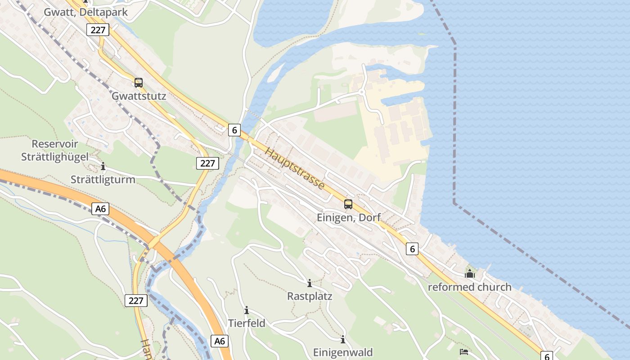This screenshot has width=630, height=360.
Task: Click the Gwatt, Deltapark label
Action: click(85, 12)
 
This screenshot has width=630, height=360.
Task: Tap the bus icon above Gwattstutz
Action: click(139, 83)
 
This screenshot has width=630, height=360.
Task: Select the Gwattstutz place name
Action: click(139, 96)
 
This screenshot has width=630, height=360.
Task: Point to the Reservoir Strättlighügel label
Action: click(55, 150)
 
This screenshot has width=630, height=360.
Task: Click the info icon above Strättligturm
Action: click(103, 166)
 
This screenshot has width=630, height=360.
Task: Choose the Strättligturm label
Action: click(103, 180)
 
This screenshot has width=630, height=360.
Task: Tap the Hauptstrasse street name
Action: click(295, 168)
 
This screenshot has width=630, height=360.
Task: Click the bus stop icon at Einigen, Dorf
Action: click(348, 204)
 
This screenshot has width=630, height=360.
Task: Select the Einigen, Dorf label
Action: click(349, 217)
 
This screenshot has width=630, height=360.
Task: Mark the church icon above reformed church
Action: click(469, 274)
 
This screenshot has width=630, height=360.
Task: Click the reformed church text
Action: click(469, 287)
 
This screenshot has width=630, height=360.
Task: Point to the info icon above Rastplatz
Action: click(310, 283)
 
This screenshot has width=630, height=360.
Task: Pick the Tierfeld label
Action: click(247, 323)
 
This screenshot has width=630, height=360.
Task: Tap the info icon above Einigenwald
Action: click(343, 339)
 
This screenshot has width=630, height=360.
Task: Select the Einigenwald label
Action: click(343, 352)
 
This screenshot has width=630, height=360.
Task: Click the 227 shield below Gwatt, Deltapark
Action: click(98, 30)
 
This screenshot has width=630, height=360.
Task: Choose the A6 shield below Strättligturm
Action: click(100, 209)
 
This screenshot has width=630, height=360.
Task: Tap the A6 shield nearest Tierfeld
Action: click(219, 341)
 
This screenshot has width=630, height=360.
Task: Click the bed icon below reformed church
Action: click(464, 351)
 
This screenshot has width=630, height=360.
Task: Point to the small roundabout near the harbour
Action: click(362, 93)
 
